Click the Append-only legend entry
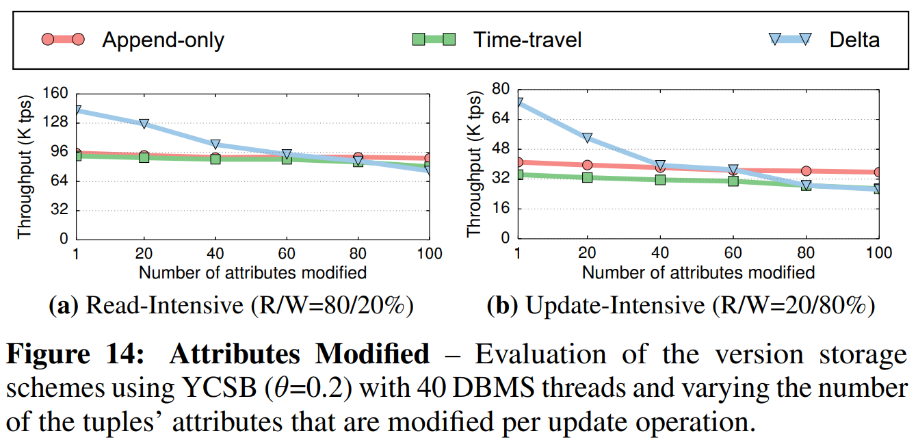(x=163, y=40)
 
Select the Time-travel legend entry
(x=527, y=40)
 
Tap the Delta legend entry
(x=854, y=40)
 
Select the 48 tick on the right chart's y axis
(x=502, y=148)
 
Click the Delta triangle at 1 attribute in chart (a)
(x=77, y=109)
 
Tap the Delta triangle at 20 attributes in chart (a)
(x=144, y=123)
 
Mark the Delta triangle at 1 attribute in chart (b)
(x=518, y=103)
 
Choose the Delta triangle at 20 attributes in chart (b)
(x=587, y=138)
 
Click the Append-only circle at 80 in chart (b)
(x=806, y=171)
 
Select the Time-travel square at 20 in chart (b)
(x=587, y=177)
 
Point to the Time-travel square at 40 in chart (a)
(x=215, y=159)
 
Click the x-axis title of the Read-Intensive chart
(x=252, y=272)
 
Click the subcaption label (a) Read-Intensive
(x=231, y=305)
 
